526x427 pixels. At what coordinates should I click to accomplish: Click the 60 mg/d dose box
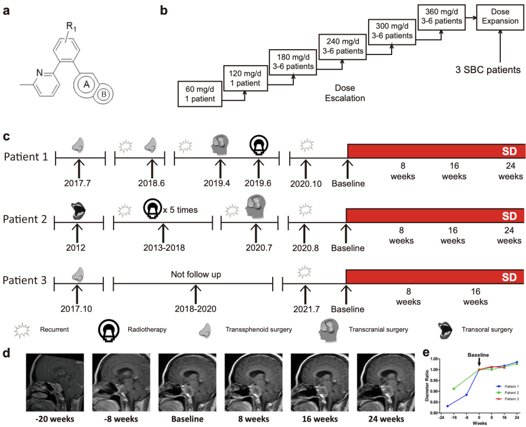(200, 94)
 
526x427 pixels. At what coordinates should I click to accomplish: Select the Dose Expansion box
(500, 17)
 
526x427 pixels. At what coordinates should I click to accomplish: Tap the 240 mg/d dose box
(342, 47)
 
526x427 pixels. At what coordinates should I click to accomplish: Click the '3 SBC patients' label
(488, 70)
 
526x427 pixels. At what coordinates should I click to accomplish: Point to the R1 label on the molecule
(71, 26)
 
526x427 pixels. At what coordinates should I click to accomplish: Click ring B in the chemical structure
(104, 94)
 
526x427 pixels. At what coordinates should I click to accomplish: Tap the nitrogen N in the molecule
(39, 73)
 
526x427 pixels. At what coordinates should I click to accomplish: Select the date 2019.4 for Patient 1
(217, 183)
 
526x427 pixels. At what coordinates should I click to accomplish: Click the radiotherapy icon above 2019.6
(259, 145)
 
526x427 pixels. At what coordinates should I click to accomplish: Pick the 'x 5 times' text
(180, 210)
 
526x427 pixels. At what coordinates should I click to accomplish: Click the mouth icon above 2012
(77, 211)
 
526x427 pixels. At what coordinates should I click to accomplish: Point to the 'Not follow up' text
(196, 275)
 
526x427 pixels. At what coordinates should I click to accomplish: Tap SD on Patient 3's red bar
(509, 277)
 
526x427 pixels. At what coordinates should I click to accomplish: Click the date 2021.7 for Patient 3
(306, 309)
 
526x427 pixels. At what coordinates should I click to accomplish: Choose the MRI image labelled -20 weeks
(55, 382)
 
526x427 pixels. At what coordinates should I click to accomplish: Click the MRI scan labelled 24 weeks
(386, 382)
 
